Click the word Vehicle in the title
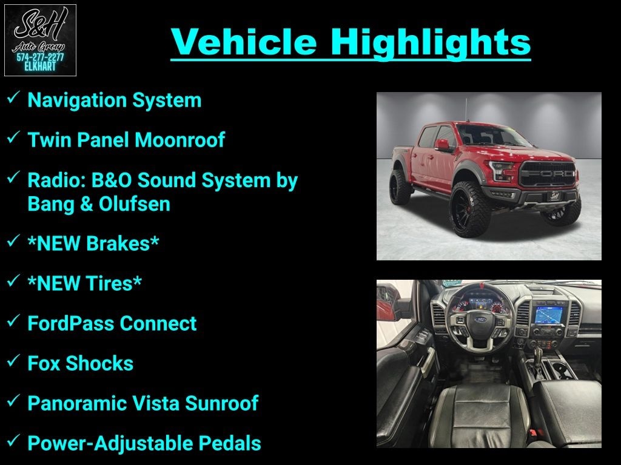pyautogui.click(x=244, y=42)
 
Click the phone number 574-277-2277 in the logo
pyautogui.click(x=40, y=58)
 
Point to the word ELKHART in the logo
pyautogui.click(x=40, y=67)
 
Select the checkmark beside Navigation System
pyautogui.click(x=13, y=97)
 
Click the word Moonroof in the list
pyautogui.click(x=180, y=140)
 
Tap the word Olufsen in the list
pyautogui.click(x=135, y=204)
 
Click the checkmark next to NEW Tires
pyautogui.click(x=13, y=281)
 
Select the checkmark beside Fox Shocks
pyautogui.click(x=13, y=361)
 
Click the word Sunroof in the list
pyautogui.click(x=221, y=403)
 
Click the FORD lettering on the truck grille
pyautogui.click(x=548, y=174)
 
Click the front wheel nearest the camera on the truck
pyautogui.click(x=470, y=209)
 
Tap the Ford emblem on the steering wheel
pyautogui.click(x=480, y=320)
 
